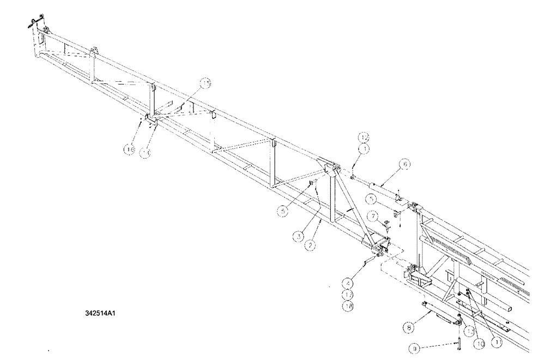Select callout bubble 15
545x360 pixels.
click(x=205, y=83)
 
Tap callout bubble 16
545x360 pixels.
click(x=129, y=148)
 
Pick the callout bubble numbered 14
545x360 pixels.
click(x=144, y=154)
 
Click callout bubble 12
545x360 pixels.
click(x=364, y=136)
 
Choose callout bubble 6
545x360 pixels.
click(x=407, y=163)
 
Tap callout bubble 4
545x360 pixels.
click(x=348, y=283)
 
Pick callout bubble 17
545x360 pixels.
click(x=348, y=295)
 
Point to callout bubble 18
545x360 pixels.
click(x=348, y=306)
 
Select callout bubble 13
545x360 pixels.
click(x=468, y=331)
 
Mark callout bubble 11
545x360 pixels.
click(x=496, y=343)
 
